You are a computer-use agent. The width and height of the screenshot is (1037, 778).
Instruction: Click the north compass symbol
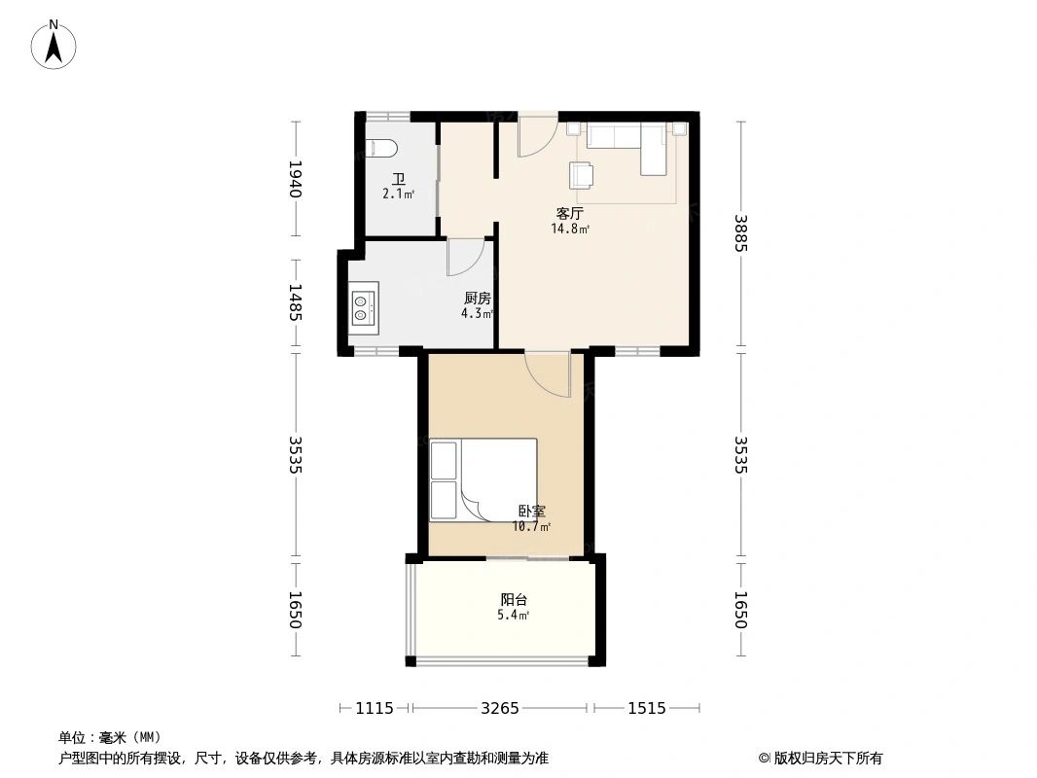coord(55,44)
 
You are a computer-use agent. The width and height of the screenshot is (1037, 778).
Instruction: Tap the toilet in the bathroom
coord(381,149)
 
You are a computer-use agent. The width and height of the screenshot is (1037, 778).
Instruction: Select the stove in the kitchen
coord(363,305)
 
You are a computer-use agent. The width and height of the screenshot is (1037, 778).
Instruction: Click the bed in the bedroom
coord(484,480)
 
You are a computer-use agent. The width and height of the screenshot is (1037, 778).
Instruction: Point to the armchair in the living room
coord(582,174)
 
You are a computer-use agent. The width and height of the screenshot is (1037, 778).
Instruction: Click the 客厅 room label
coord(570,213)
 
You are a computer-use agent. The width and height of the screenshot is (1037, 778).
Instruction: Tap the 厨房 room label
coord(477,299)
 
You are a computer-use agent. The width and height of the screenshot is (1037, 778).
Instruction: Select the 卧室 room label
coord(531,511)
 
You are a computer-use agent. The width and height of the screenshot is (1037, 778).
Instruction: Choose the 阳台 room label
coord(514,600)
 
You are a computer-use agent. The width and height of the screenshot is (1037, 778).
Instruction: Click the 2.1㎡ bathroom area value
coord(398,194)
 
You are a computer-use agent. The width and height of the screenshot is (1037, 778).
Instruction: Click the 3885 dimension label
coord(740,233)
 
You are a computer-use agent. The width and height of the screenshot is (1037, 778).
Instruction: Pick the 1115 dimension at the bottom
coord(375,708)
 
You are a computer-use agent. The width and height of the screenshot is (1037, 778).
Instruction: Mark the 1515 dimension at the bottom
coord(647,708)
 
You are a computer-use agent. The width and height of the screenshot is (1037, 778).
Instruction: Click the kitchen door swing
coord(464,257)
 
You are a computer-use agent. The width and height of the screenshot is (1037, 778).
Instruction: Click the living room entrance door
coord(536,135)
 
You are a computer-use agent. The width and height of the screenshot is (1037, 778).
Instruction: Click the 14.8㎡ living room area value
coord(570,230)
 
